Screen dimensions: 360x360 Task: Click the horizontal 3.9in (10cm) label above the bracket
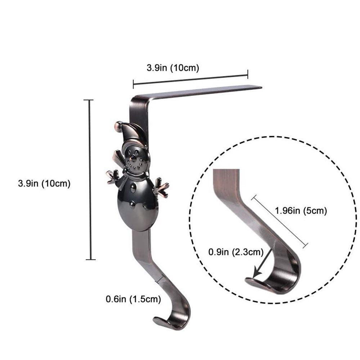(173, 68)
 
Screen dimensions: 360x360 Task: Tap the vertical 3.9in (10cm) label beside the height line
(44, 183)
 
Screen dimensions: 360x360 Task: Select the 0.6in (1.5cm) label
(133, 298)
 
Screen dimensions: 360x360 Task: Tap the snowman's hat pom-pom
(118, 125)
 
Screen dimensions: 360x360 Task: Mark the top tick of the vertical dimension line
(89, 100)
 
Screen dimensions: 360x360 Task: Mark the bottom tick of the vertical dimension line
(91, 259)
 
